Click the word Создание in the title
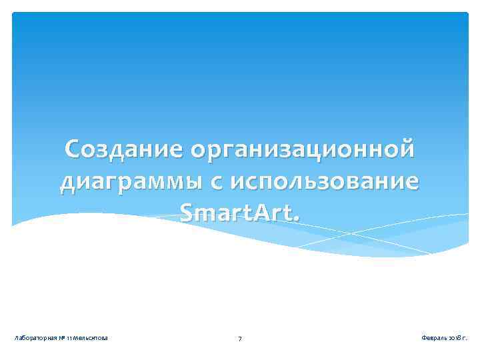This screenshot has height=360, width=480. coord(125,150)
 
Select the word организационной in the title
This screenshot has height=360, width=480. coord(302,150)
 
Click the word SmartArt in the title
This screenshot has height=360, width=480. coord(237,213)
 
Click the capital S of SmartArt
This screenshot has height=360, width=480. coord(187,213)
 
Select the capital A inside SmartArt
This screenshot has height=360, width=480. coord(260,213)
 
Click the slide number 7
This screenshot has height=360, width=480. coord(240,339)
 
